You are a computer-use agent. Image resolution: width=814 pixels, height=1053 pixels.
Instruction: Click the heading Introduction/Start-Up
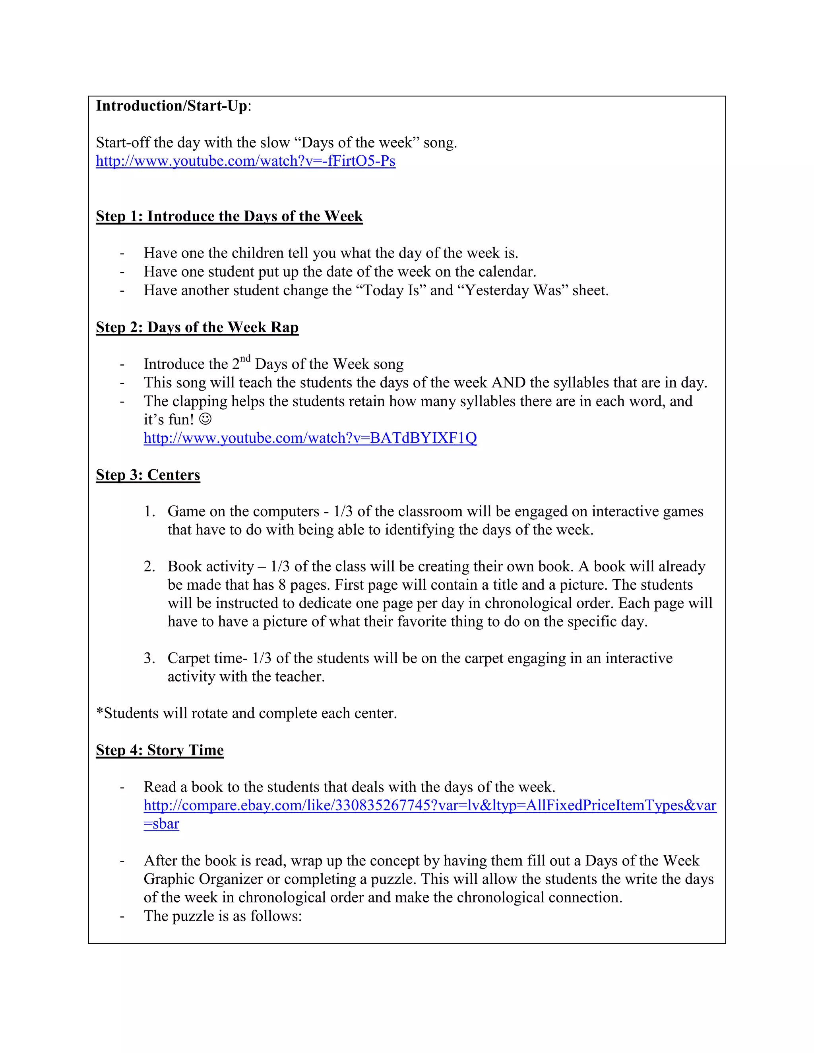coord(172,106)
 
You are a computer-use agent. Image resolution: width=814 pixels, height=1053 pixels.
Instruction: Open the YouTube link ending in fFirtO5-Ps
coord(246,161)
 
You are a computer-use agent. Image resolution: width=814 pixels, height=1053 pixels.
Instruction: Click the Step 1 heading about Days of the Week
coord(229,216)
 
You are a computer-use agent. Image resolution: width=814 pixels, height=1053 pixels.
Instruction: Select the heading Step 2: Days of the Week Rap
coord(197,327)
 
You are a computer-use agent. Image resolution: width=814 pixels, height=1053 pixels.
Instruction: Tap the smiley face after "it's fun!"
coord(205,419)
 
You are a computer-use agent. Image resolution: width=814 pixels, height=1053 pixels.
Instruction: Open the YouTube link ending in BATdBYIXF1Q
coord(310,438)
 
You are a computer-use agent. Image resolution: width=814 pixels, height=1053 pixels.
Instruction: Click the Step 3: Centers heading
coord(147,474)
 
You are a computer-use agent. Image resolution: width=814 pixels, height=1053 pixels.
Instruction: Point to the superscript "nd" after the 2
coord(246,358)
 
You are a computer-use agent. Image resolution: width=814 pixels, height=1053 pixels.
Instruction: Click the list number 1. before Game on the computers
coord(149,511)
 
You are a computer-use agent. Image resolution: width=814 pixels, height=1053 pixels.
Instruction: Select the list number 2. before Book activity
coord(149,567)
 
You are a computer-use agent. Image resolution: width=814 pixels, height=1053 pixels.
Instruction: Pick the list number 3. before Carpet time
coord(149,658)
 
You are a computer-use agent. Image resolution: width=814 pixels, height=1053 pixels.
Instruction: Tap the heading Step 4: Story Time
coord(160,750)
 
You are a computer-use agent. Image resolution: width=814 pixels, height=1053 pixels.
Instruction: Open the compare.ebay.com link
coord(430,806)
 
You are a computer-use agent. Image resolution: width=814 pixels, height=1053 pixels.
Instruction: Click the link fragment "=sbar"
coord(161,824)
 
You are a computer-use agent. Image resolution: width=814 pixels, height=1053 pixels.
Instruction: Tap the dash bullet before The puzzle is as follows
coord(122,916)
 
